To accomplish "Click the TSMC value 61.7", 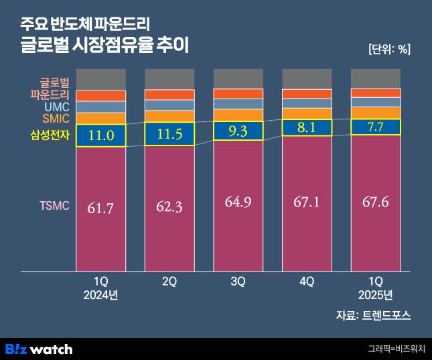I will (x=101, y=208).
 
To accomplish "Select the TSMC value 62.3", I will (x=169, y=208).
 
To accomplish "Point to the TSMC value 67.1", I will (x=307, y=202).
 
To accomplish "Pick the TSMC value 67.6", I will (x=375, y=202).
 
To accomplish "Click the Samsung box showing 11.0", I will (x=101, y=135).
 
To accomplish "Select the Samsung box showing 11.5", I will (x=169, y=134).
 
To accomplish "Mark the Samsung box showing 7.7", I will (x=375, y=126).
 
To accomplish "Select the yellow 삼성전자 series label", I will (x=50, y=135).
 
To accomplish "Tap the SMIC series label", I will (x=56, y=119).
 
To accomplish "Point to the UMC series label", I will (x=57, y=107).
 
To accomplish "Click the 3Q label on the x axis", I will (x=238, y=282).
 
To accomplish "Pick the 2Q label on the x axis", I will (x=169, y=282).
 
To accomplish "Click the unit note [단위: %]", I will (x=389, y=49).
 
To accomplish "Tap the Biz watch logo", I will (x=39, y=349).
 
